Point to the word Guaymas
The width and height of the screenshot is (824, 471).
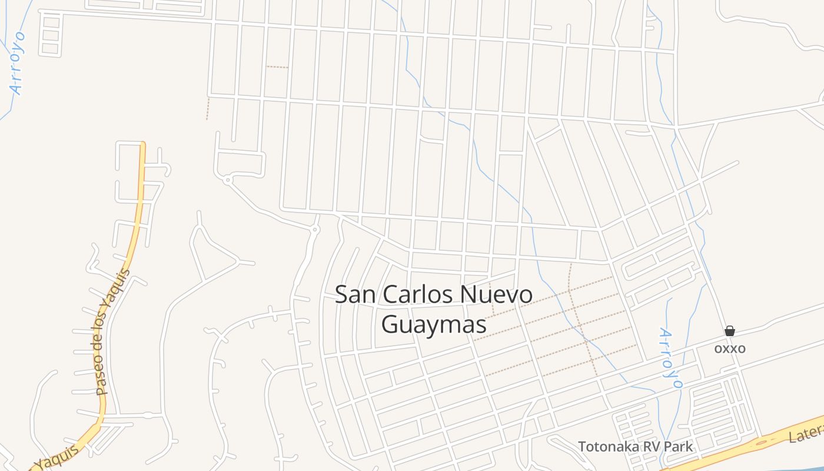tap(434, 324)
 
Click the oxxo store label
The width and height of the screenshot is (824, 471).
tap(730, 349)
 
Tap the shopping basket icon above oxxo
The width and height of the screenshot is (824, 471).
tap(730, 331)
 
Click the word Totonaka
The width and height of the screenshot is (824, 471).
tap(606, 447)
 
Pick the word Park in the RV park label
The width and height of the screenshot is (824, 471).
tap(678, 447)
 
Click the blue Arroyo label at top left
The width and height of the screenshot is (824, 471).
tap(17, 64)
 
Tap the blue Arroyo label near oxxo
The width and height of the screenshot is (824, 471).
tap(670, 358)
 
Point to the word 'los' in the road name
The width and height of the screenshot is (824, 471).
tap(109, 321)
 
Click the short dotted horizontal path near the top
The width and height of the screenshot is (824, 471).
tap(277, 67)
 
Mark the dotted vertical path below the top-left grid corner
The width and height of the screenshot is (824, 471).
tap(207, 109)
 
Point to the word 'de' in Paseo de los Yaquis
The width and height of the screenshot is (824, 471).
tap(107, 345)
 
